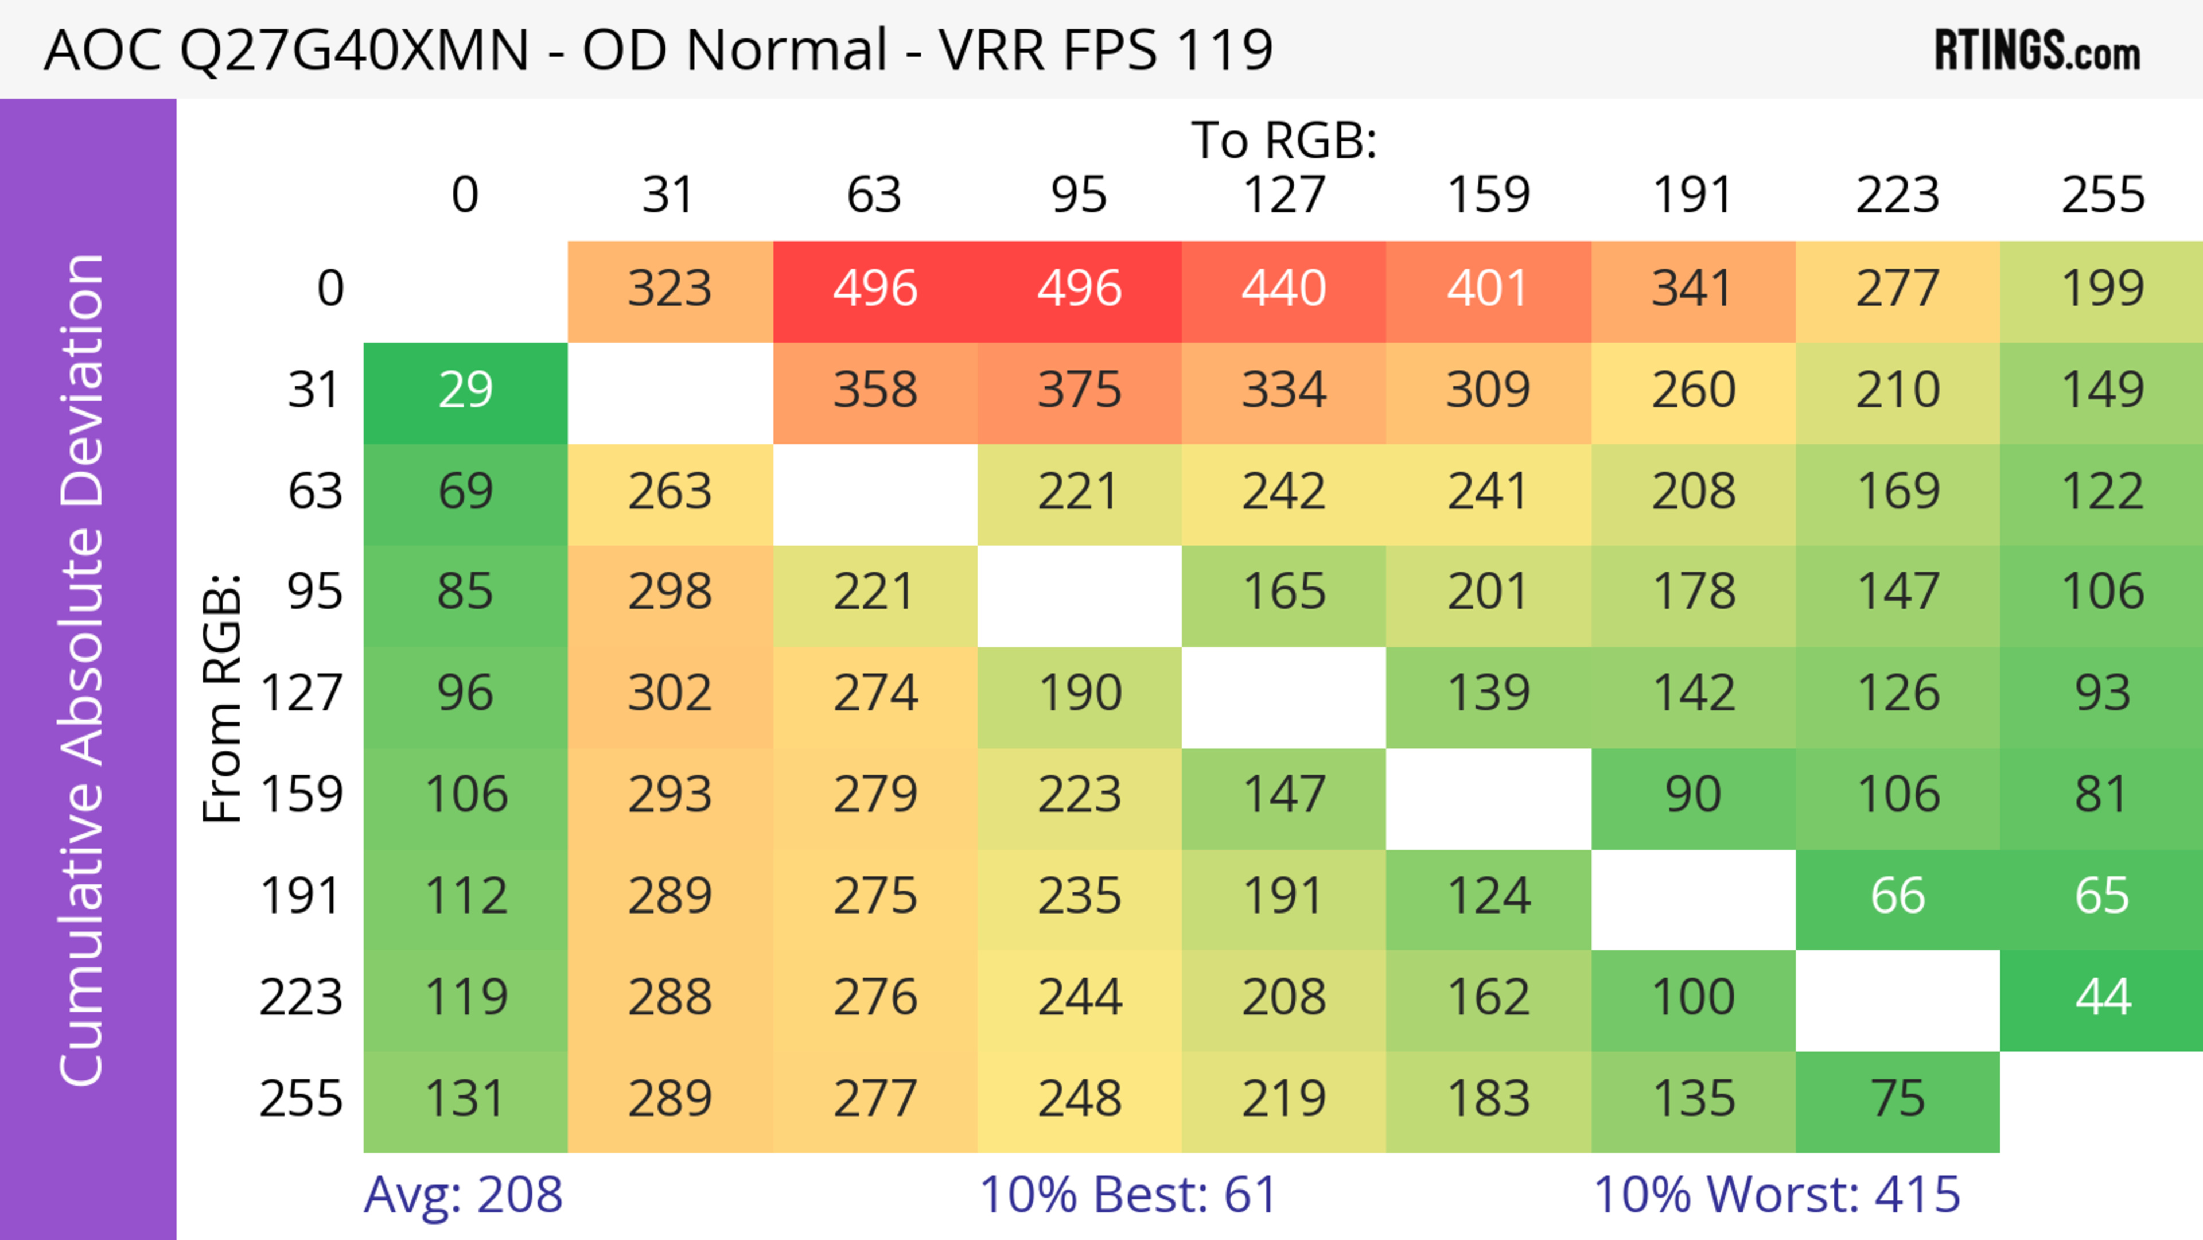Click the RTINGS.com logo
(x=2037, y=50)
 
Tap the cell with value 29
(x=465, y=391)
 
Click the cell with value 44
(x=2102, y=998)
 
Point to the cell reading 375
(x=1079, y=391)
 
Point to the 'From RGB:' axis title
(x=223, y=698)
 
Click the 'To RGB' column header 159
(x=1488, y=195)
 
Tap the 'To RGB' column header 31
(x=669, y=195)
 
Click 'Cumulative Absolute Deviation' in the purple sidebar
(x=83, y=670)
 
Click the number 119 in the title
(x=1225, y=49)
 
